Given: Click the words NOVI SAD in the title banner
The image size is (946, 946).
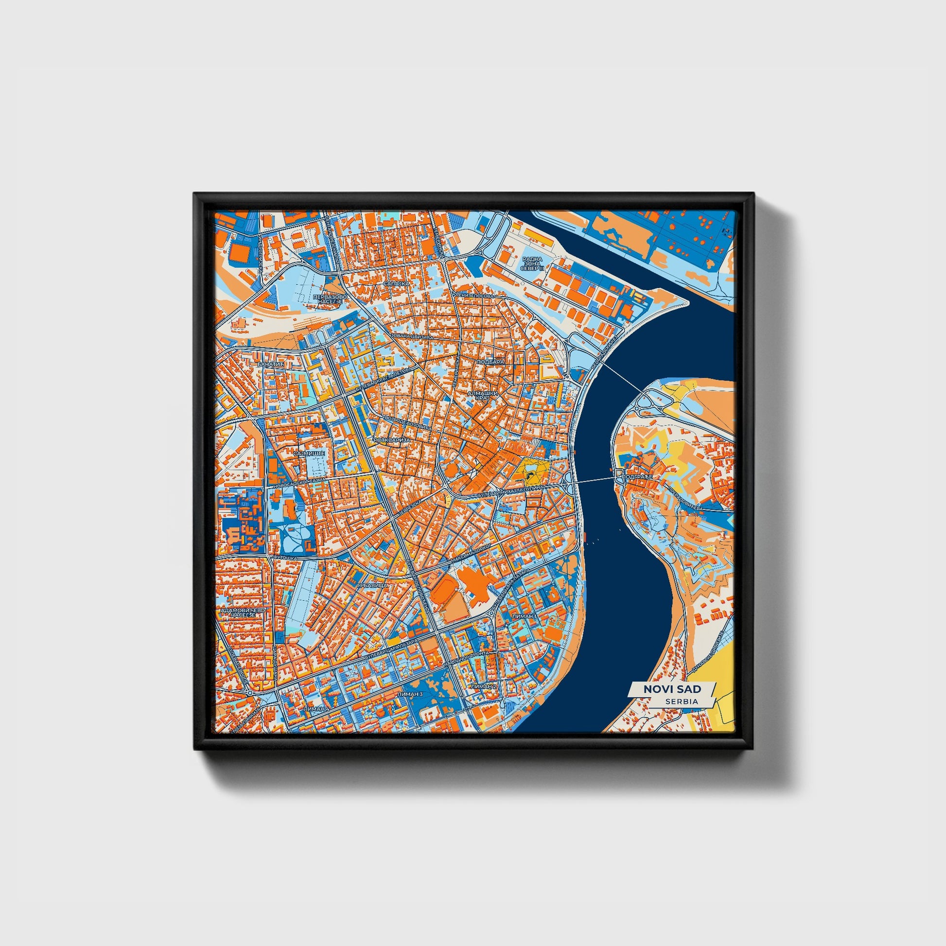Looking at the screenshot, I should tap(672, 689).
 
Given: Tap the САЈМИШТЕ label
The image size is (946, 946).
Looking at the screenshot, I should tap(309, 454).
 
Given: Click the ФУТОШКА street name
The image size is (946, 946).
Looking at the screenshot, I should tap(284, 557).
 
